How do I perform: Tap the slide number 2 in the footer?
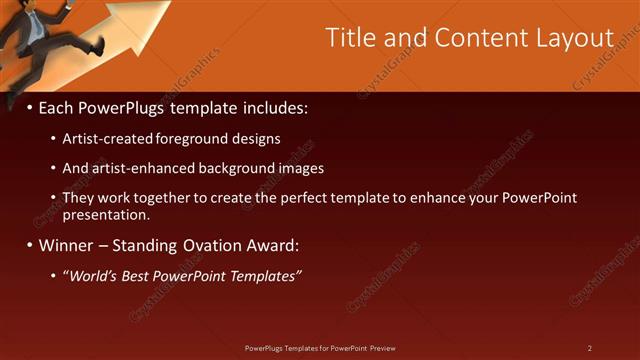pyautogui.click(x=590, y=348)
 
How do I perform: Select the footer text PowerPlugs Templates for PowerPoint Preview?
pyautogui.click(x=320, y=348)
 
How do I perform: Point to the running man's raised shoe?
pyautogui.click(x=95, y=46)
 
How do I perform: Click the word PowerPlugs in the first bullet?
pyautogui.click(x=131, y=106)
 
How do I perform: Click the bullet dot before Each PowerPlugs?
pyautogui.click(x=29, y=107)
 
